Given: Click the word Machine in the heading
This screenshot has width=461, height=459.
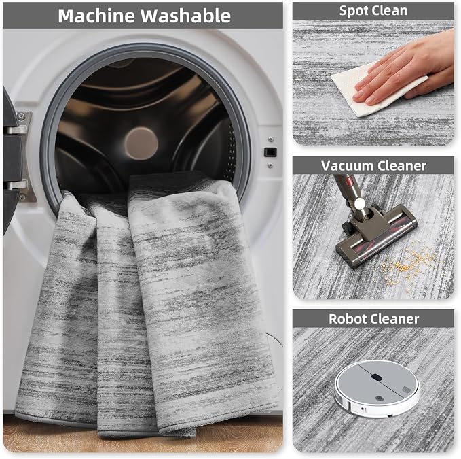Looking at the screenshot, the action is (96, 16).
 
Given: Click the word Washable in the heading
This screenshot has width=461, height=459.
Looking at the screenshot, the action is (185, 16).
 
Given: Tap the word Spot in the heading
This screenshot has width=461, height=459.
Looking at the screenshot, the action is (350, 11).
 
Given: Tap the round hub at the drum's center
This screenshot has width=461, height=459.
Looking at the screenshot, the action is (141, 143).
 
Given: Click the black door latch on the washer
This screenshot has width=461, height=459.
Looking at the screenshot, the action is (270, 152).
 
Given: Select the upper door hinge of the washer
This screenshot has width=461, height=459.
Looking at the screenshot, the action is (18, 125).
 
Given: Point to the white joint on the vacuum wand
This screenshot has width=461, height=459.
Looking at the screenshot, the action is (359, 203).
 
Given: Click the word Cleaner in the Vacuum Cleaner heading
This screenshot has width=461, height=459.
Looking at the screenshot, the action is (400, 166).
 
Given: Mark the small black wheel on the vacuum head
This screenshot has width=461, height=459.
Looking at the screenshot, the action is (346, 227).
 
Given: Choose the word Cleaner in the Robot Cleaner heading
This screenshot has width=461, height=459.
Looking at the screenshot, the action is (394, 319).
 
